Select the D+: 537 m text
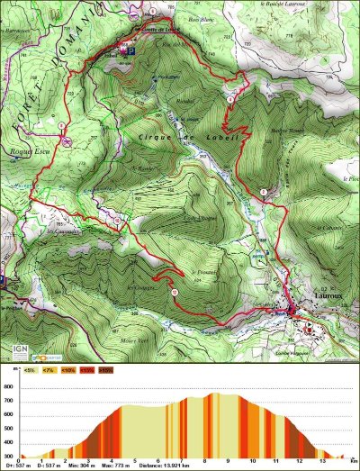coord(20,468)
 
